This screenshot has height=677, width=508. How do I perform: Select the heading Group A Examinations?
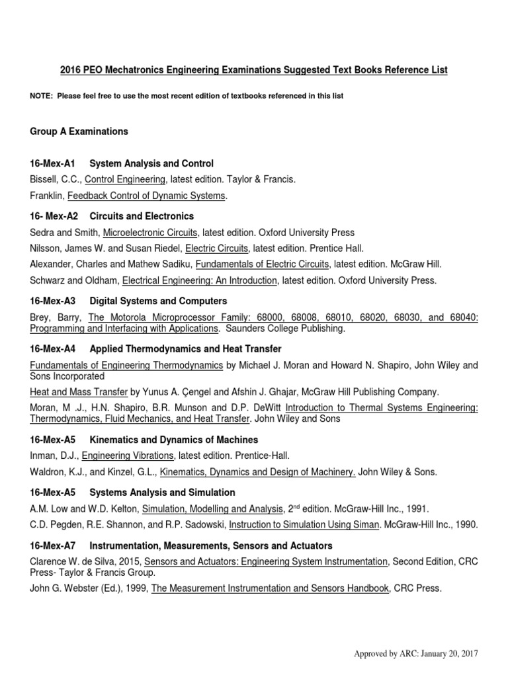pos(79,132)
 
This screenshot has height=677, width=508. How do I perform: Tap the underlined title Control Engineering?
pos(126,179)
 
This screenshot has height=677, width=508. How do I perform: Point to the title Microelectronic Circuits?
pos(150,233)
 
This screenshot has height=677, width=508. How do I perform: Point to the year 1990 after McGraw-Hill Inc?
pos(465,525)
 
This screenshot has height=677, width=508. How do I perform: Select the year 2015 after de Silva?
pos(130,562)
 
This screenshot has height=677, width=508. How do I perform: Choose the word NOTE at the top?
pos(41,96)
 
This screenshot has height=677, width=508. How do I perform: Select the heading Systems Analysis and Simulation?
pos(162,493)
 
